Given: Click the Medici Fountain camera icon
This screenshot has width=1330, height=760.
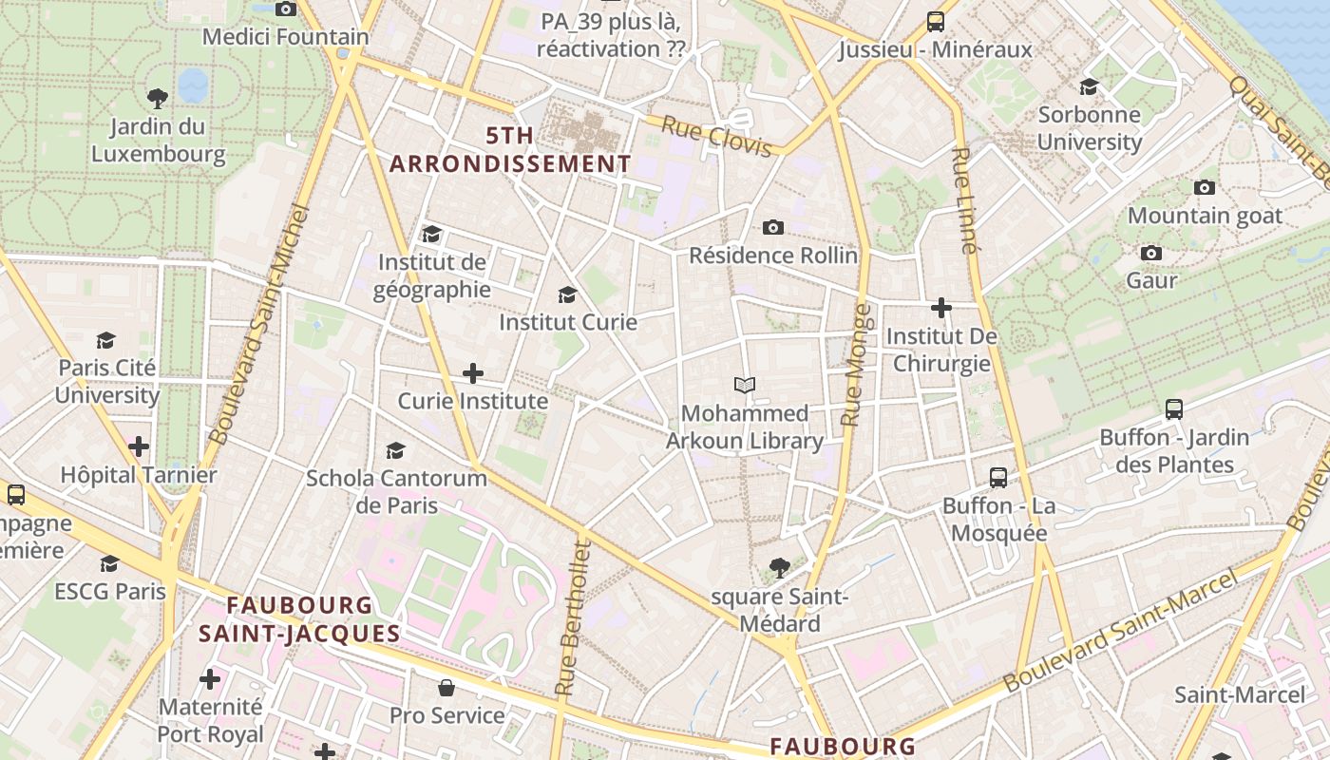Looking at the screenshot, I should coord(285,9).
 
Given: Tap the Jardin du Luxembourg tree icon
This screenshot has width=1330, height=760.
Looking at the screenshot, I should coord(158,97).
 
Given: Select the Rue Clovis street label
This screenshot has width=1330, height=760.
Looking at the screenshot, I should coord(716,137).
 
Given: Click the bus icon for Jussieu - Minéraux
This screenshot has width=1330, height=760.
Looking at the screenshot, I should coord(935,21).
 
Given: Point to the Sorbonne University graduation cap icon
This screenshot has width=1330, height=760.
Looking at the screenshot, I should coord(1089,86).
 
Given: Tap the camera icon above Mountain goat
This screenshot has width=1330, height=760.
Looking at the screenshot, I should coord(1205,187).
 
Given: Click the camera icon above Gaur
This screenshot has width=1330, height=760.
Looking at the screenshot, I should coord(1151,253).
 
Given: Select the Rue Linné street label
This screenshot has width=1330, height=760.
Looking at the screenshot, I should coord(963,200).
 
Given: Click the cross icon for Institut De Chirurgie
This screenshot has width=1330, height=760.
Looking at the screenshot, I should coord(940,308).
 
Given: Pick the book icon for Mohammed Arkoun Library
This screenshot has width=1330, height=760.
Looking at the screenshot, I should coord(745,385).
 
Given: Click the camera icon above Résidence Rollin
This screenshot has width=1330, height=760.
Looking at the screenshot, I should coord(773,227).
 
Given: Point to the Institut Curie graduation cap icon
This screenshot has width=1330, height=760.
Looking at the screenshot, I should coord(568,294).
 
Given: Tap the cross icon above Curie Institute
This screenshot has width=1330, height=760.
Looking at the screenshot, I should coord(472,373).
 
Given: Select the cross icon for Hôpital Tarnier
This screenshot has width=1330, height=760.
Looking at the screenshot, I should coord(139,446).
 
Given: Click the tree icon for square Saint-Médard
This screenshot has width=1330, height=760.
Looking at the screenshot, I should coord(779,568).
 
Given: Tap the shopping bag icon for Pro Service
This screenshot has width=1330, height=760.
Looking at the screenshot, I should coord(446,687).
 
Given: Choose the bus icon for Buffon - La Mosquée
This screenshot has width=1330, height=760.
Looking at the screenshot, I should coord(997,477).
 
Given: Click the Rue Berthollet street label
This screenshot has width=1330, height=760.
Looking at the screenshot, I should coord(572,617).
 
